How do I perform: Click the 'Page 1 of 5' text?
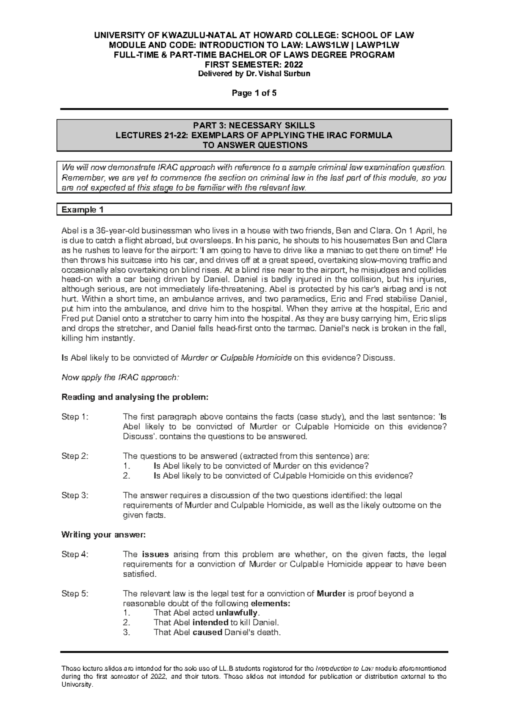coord(254,93)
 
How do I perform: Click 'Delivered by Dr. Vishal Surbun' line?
coord(254,74)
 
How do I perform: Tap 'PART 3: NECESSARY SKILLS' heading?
coord(254,126)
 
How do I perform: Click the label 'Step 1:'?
coord(75,417)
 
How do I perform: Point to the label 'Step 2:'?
coord(75,456)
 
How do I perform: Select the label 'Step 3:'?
coord(75,495)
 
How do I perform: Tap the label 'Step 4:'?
coord(75,554)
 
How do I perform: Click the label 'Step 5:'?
coord(75,594)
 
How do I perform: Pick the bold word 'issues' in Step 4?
coord(155,554)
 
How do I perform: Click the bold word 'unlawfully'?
coord(237,613)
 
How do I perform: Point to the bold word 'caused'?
coord(207,633)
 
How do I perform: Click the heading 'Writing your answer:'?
coord(104,535)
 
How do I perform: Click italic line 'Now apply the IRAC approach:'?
coord(121,378)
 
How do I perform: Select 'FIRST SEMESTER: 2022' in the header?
coord(254,64)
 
